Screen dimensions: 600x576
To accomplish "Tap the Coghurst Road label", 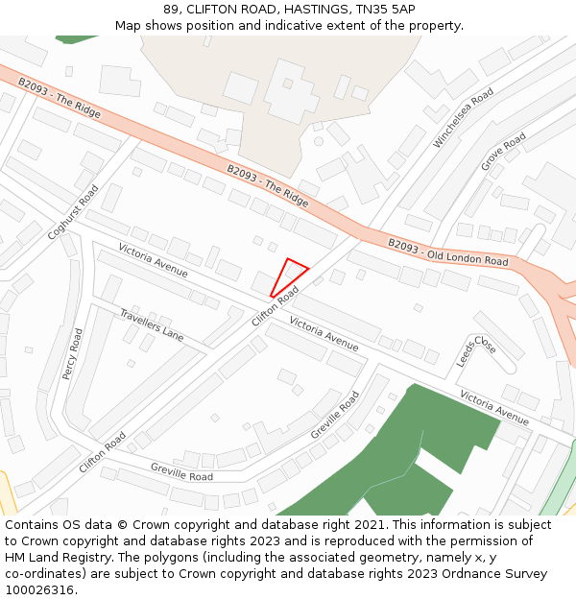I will click(x=73, y=213).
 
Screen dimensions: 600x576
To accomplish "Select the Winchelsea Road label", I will click(x=463, y=117).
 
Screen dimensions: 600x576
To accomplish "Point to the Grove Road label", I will click(x=503, y=152).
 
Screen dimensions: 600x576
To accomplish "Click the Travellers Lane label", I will click(x=152, y=324).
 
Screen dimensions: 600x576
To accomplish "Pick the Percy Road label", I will click(x=72, y=353).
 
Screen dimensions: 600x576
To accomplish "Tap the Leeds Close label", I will click(x=476, y=350).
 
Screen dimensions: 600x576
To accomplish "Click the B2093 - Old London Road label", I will click(x=447, y=252).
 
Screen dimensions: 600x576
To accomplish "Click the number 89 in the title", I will click(x=172, y=9).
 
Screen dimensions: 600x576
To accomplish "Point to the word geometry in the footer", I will click(x=350, y=558).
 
